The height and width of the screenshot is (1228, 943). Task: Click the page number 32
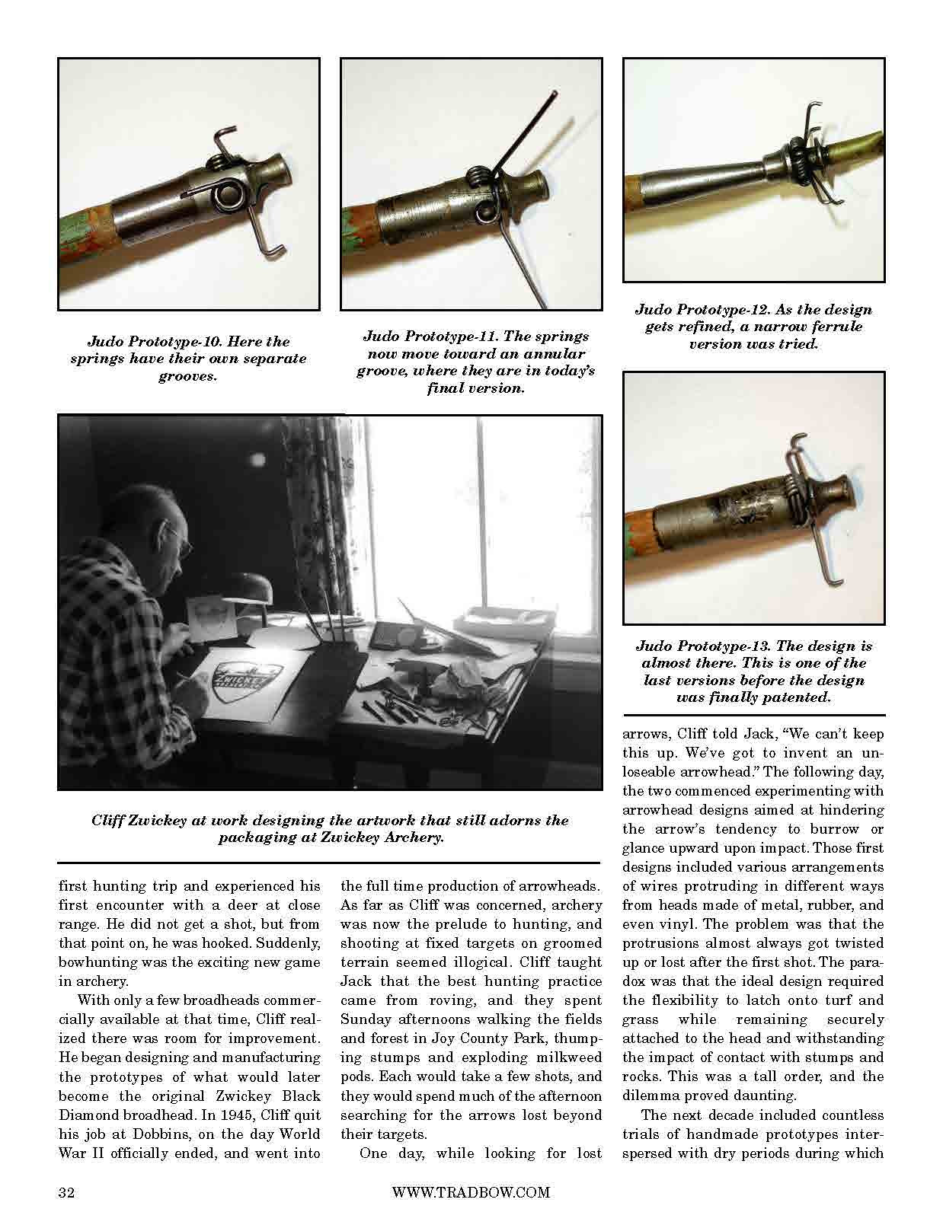point(66,1192)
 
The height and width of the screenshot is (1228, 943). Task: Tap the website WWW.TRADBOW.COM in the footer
point(470,1192)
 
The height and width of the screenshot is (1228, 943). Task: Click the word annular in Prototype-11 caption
point(564,354)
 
